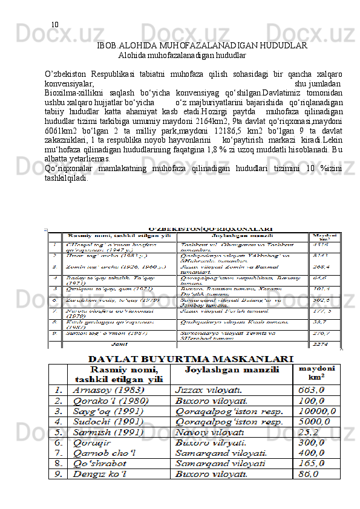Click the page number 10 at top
pyautogui.click(x=54, y=25)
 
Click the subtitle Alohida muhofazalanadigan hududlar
pyautogui.click(x=182, y=55)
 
